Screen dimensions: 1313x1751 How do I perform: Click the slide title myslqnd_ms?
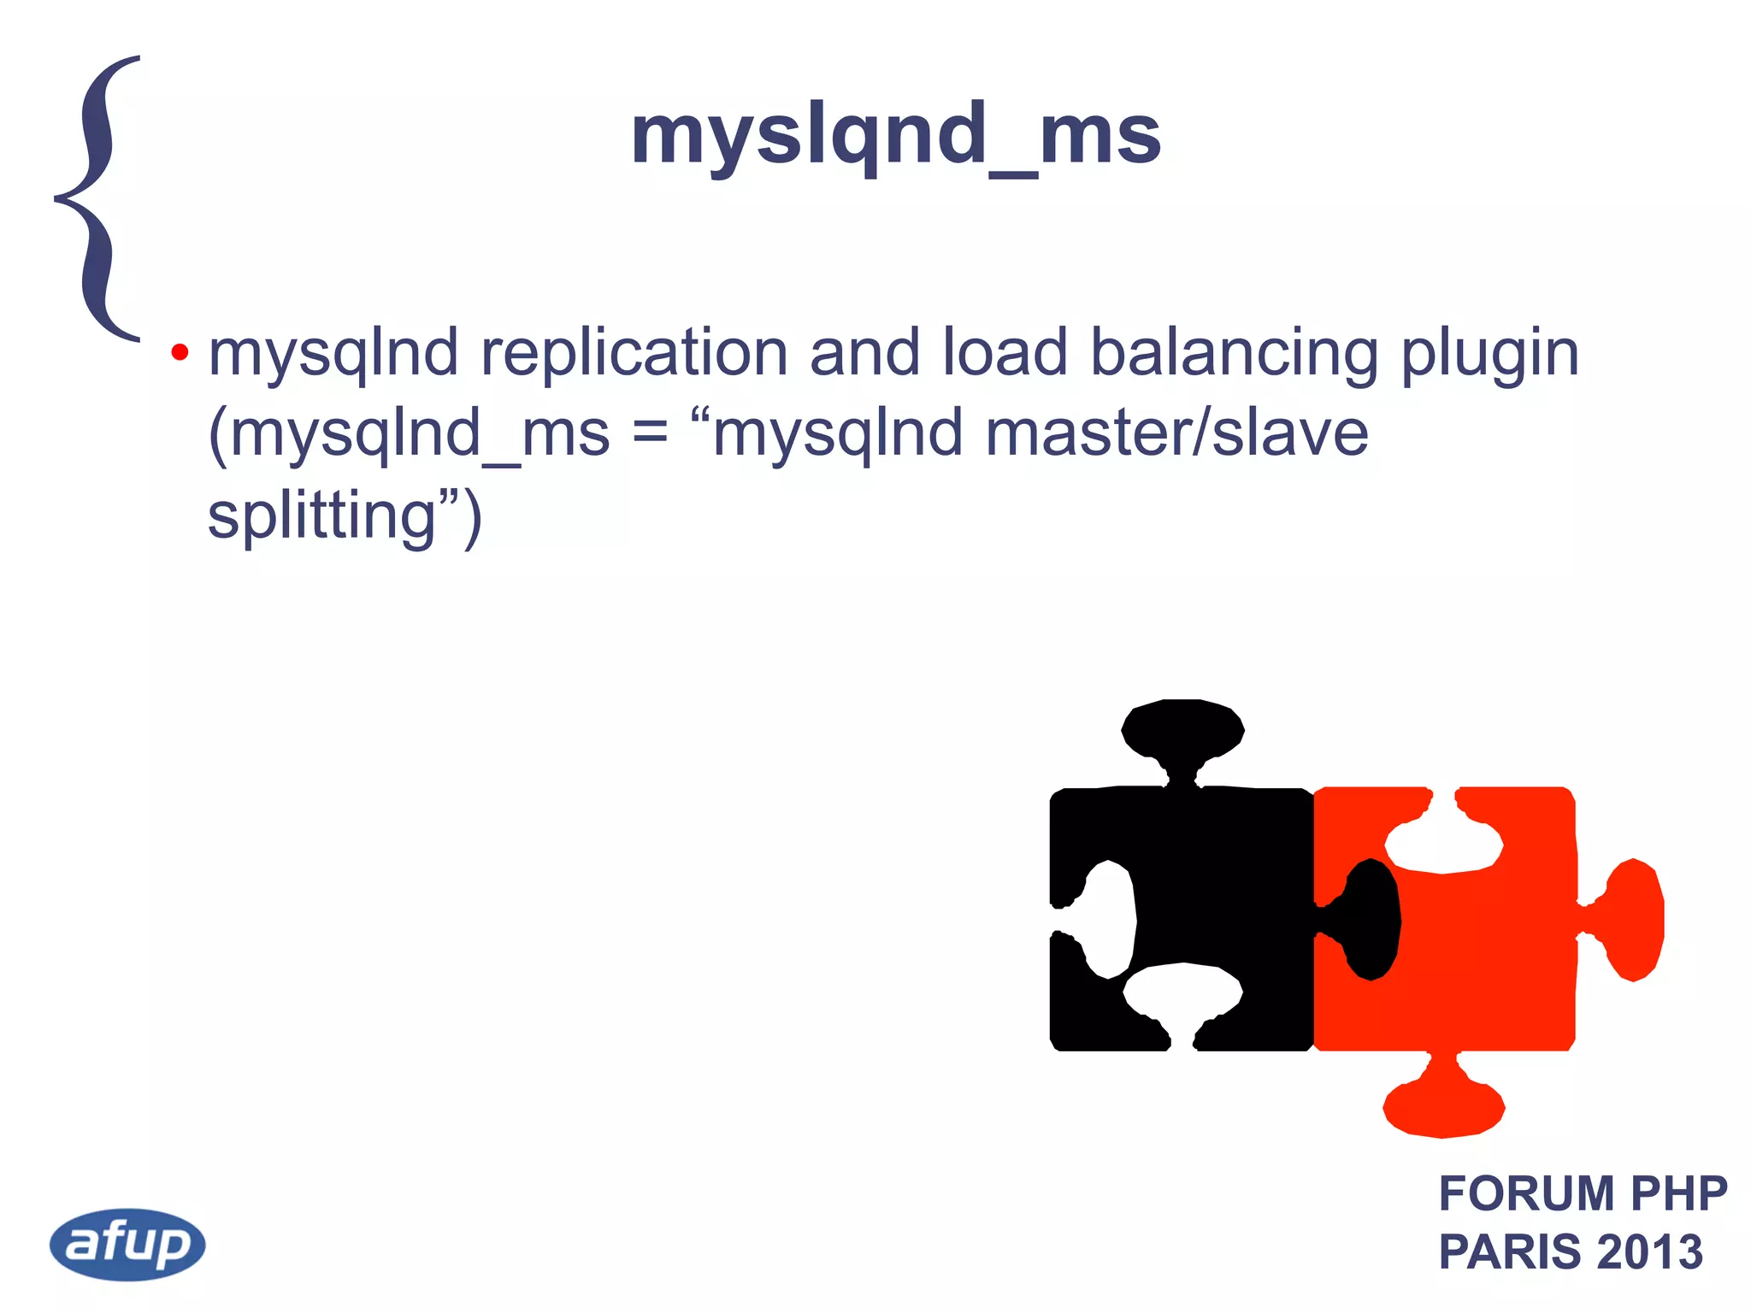pyautogui.click(x=895, y=136)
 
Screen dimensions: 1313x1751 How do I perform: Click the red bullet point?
pyautogui.click(x=180, y=352)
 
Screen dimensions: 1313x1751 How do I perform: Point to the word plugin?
pyautogui.click(x=1489, y=355)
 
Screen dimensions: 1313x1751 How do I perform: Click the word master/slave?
pyautogui.click(x=1176, y=433)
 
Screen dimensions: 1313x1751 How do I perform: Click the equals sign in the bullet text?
pyautogui.click(x=650, y=433)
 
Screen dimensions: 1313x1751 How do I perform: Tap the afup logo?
pyautogui.click(x=127, y=1244)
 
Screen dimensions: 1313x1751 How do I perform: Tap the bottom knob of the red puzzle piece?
pyautogui.click(x=1443, y=1109)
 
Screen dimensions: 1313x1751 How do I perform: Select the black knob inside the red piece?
pyautogui.click(x=1371, y=920)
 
